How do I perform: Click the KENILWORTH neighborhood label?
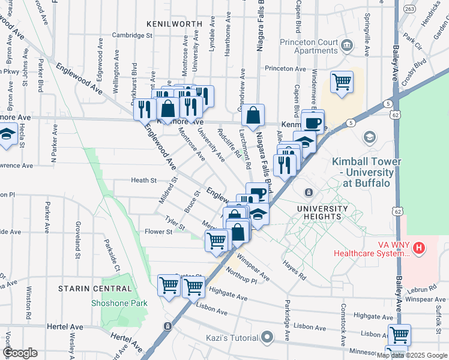point(174,23)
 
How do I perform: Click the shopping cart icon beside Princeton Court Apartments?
point(342,82)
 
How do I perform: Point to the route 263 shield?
point(409,9)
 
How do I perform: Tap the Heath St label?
point(143,180)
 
